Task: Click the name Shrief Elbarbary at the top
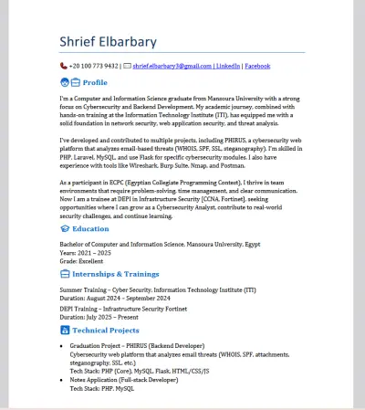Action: [x=108, y=41]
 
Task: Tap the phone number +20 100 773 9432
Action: [x=95, y=67]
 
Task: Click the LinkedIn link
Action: [x=228, y=67]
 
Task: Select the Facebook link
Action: [x=257, y=67]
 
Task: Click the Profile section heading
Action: [x=95, y=82]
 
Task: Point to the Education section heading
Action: [x=90, y=228]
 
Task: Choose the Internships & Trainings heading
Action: [x=115, y=274]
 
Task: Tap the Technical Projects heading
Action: [x=106, y=330]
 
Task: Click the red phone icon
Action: [x=63, y=67]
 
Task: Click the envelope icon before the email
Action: [x=127, y=67]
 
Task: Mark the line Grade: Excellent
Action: [x=82, y=260]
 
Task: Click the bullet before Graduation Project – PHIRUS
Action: [x=61, y=346]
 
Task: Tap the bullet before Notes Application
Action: [x=61, y=379]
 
